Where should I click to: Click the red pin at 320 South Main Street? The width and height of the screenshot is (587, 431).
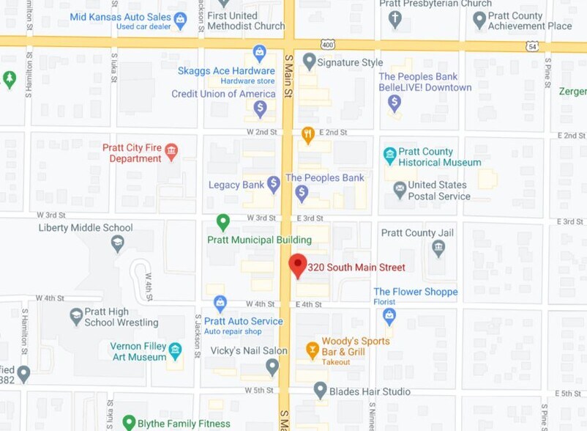pos(297,265)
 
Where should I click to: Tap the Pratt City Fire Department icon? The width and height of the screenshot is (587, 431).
pos(171,152)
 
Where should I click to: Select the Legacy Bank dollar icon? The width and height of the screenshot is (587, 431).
pos(273,184)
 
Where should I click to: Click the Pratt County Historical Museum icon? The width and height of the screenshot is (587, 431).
pos(390,155)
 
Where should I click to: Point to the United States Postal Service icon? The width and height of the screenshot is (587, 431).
pos(400,191)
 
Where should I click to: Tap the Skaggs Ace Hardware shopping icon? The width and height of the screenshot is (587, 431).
pos(259,53)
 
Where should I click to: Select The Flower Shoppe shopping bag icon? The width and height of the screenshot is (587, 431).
pos(389,315)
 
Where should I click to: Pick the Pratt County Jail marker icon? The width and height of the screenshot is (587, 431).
pos(438,248)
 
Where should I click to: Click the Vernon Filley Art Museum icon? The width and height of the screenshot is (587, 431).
pos(175,350)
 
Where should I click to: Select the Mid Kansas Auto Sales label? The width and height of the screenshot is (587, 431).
pos(121,16)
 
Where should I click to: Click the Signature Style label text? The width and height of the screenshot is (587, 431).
pos(350,62)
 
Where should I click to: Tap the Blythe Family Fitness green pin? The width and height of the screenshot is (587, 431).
pos(129,423)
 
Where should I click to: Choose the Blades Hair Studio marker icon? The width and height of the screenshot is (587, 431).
pos(320,390)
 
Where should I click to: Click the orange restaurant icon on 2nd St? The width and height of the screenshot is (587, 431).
pos(308,134)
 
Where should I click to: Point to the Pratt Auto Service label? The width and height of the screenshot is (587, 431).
pos(243,321)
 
